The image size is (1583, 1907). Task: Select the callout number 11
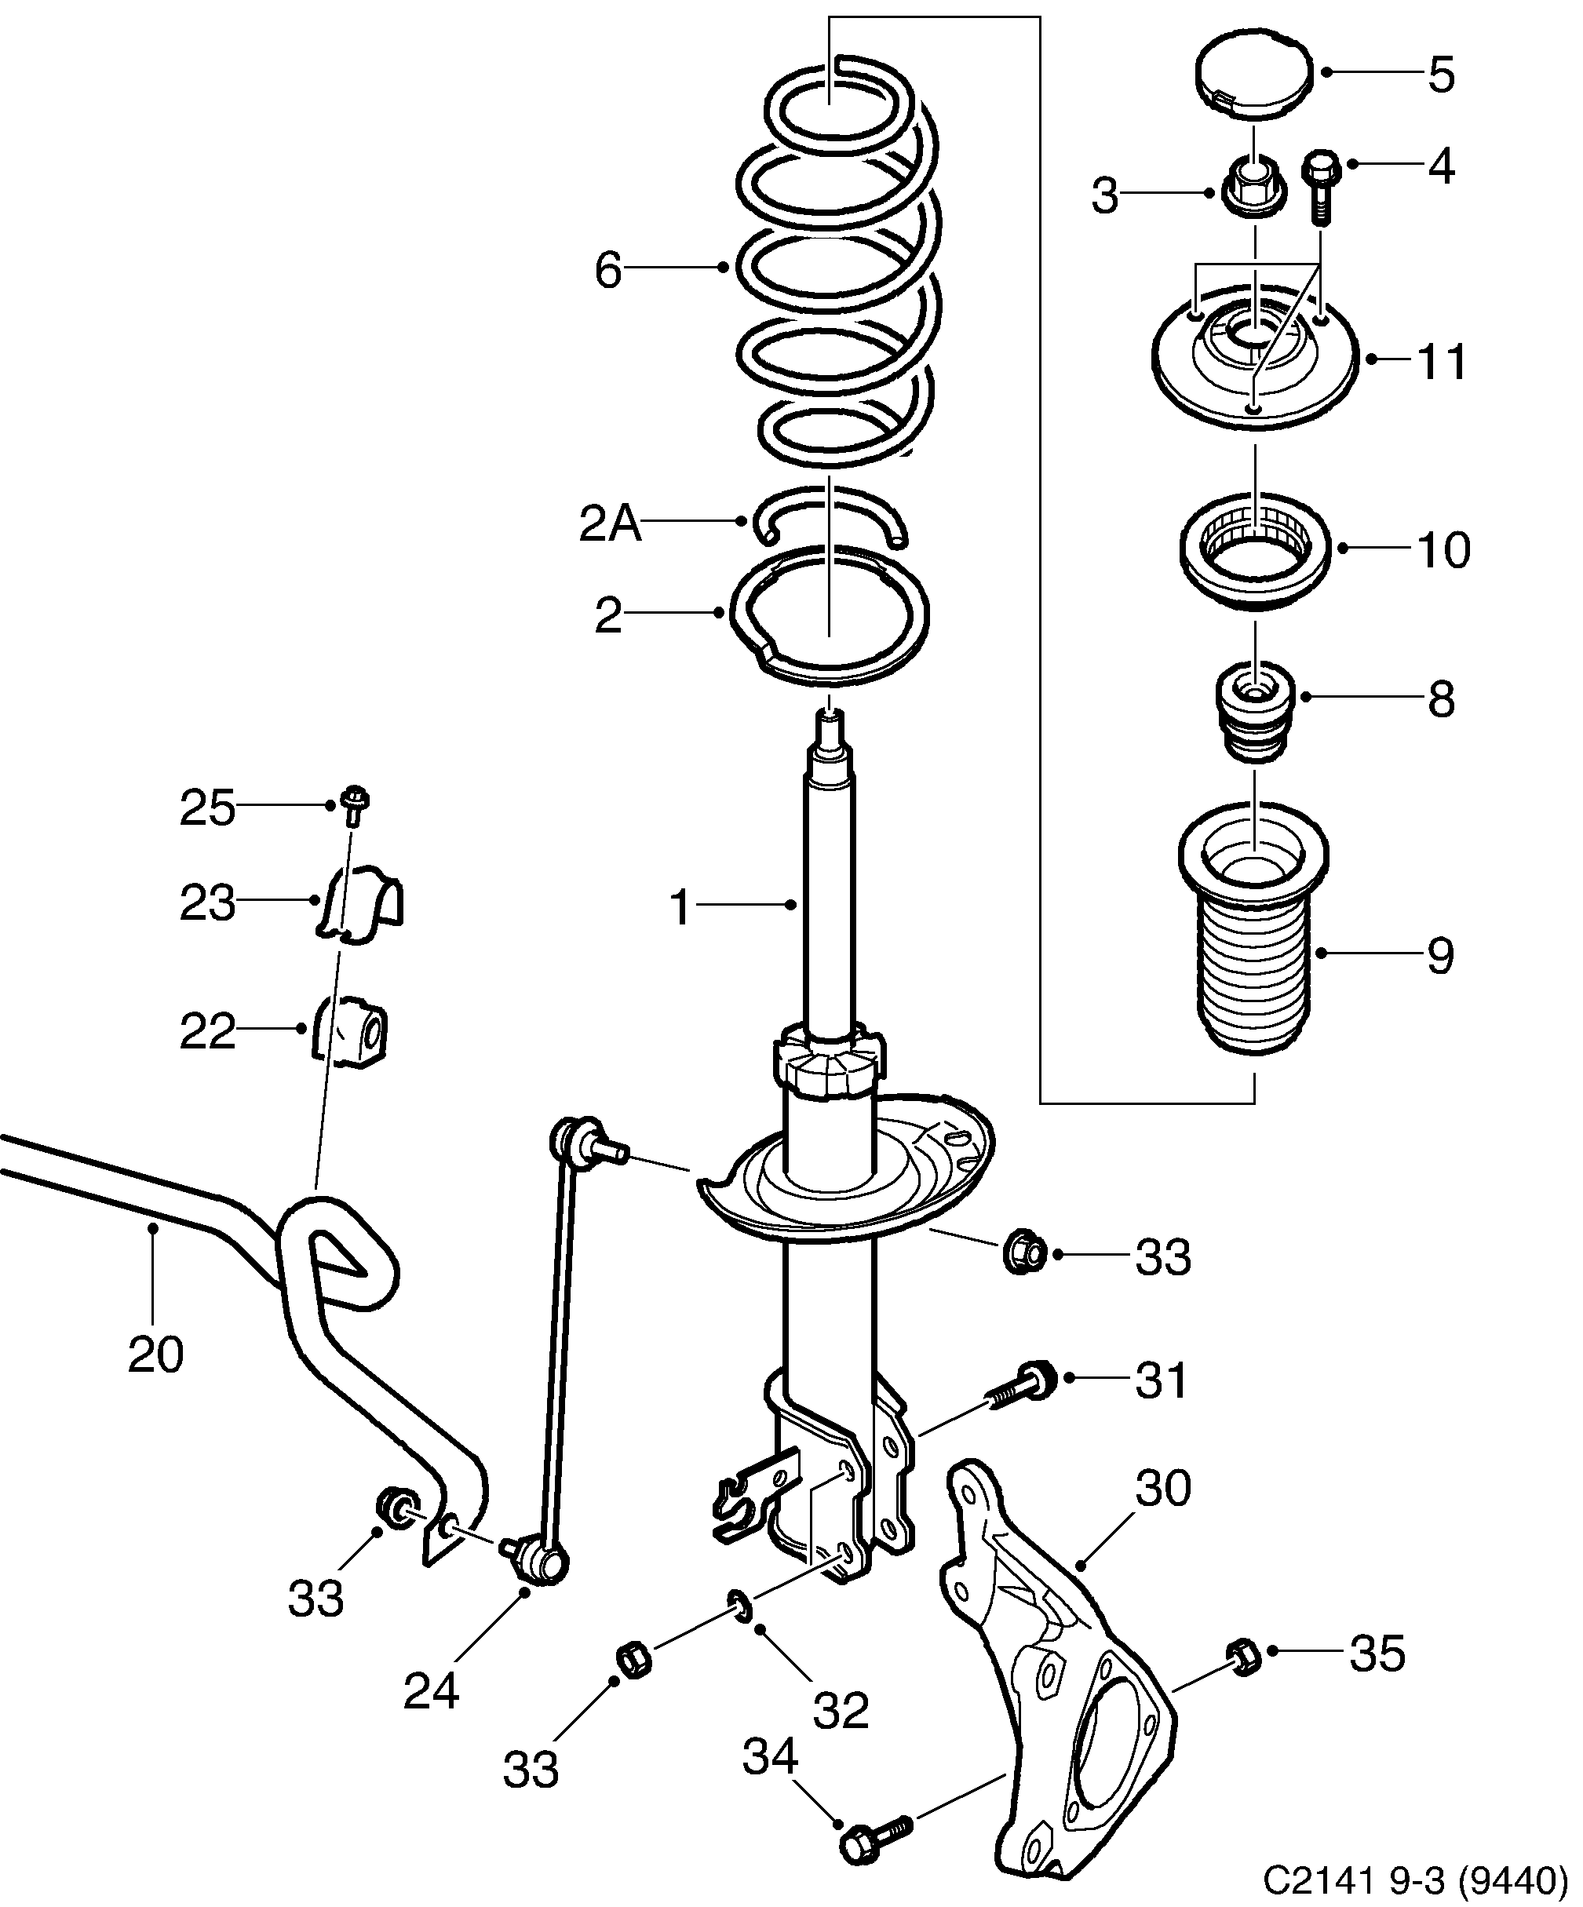1441,362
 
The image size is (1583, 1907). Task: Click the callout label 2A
609,525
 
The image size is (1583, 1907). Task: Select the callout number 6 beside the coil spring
607,271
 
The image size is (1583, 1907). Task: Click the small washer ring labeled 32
739,1606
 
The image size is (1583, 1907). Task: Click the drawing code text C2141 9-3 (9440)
1415,1878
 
